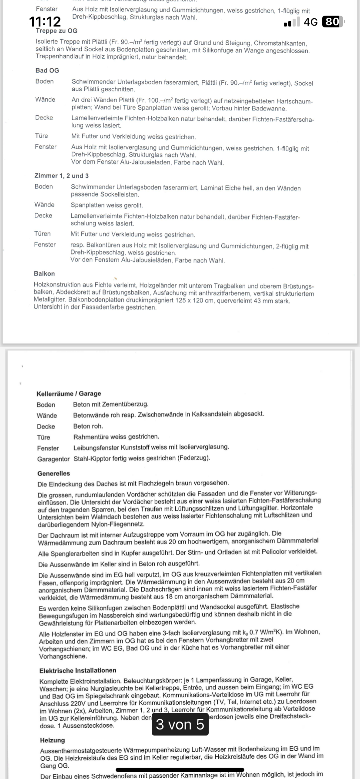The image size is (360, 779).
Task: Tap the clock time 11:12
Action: pos(45,22)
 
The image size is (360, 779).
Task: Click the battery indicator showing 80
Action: pos(332,22)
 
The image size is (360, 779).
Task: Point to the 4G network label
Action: pos(310,22)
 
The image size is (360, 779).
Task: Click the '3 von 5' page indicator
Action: pos(180,724)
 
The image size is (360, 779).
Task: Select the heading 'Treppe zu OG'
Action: pos(57,31)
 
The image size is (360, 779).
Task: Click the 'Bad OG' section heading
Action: pos(47,70)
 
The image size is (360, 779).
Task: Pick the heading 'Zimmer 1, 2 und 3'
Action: pos(61,176)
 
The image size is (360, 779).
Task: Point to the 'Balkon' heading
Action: pos(44,273)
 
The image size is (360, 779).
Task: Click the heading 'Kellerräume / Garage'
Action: pos(69,393)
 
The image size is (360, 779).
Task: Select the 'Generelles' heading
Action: pos(54,473)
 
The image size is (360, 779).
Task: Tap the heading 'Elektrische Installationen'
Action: pos(78,670)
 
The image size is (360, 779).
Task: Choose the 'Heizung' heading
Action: pos(53,740)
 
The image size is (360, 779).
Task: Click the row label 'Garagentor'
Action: pos(53,459)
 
